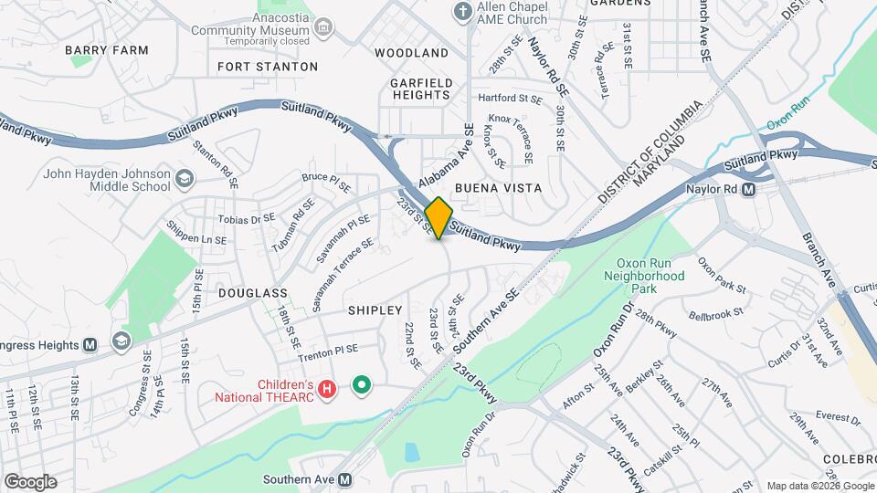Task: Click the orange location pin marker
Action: pyautogui.click(x=438, y=217)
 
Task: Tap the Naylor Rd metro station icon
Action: pyautogui.click(x=748, y=190)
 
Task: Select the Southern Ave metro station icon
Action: pyautogui.click(x=344, y=479)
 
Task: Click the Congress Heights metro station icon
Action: pyautogui.click(x=90, y=345)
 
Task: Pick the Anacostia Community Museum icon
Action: pyautogui.click(x=322, y=29)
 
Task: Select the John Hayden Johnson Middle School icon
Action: pyautogui.click(x=186, y=176)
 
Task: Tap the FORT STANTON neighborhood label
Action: pyautogui.click(x=268, y=67)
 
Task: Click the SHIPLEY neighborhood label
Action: pyautogui.click(x=375, y=310)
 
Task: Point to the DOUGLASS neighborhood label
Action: pyautogui.click(x=253, y=293)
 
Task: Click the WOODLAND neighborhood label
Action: pyautogui.click(x=411, y=53)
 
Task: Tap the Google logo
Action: pyautogui.click(x=30, y=481)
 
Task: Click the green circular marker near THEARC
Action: pyautogui.click(x=362, y=385)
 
